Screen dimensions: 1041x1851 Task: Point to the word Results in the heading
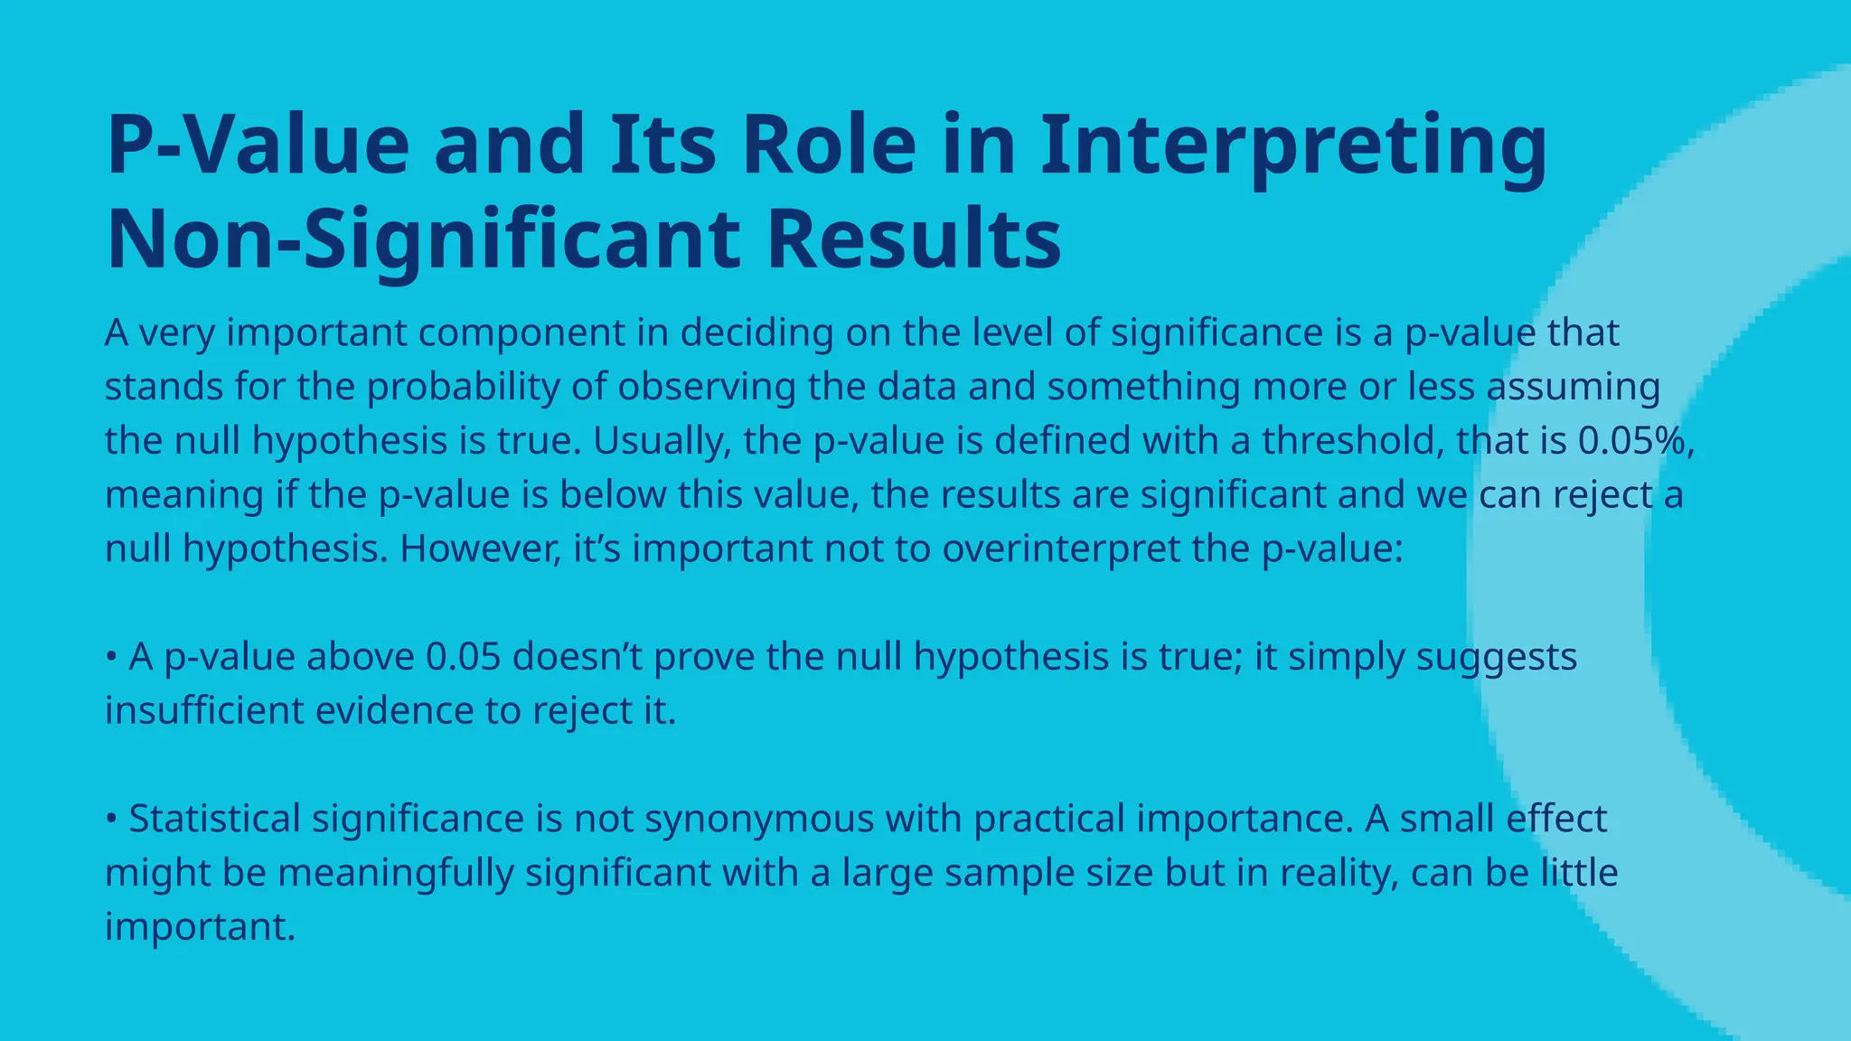click(914, 239)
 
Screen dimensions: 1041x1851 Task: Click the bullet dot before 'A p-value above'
click(111, 657)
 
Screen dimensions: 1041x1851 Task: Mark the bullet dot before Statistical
click(111, 819)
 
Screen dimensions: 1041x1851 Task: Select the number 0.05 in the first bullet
click(463, 657)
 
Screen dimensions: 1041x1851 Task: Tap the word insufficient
click(204, 710)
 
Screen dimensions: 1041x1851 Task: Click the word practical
click(1048, 819)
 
